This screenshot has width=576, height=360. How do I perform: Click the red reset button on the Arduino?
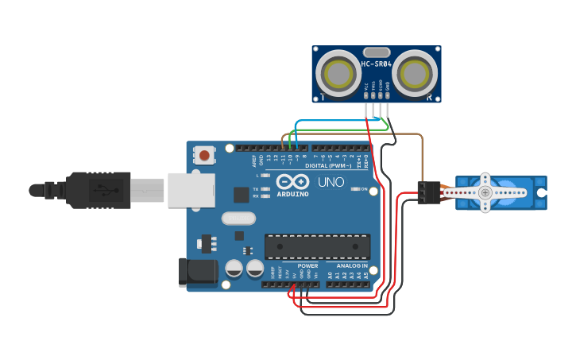click(x=206, y=155)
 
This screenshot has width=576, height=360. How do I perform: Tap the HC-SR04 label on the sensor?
click(x=376, y=64)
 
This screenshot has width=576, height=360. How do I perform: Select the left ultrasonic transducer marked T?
click(x=339, y=74)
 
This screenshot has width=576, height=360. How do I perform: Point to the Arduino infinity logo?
click(x=289, y=181)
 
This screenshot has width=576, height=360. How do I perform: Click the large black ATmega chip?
click(x=317, y=246)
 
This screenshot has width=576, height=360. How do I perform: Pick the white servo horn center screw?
click(x=485, y=193)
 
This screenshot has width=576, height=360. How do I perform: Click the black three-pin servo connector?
click(x=428, y=192)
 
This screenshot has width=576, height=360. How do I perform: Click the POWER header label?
click(x=308, y=265)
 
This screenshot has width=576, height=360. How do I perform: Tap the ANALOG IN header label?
click(x=352, y=265)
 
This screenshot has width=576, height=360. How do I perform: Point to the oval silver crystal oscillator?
click(x=238, y=218)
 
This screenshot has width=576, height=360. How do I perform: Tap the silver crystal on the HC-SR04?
click(x=377, y=52)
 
